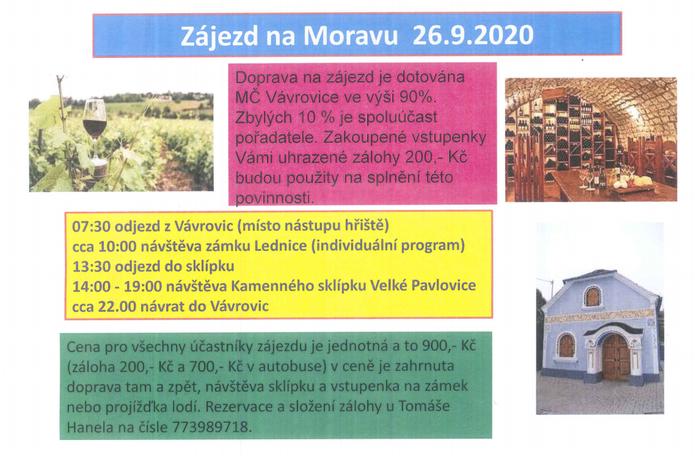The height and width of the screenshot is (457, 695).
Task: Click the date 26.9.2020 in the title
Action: (473, 35)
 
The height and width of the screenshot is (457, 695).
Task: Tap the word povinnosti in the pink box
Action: (275, 198)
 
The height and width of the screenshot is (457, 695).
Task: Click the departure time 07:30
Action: (89, 226)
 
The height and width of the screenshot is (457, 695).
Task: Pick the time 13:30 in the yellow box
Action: (89, 266)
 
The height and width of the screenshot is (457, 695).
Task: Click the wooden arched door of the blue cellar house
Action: (615, 358)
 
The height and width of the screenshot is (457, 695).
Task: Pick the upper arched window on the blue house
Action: (592, 297)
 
